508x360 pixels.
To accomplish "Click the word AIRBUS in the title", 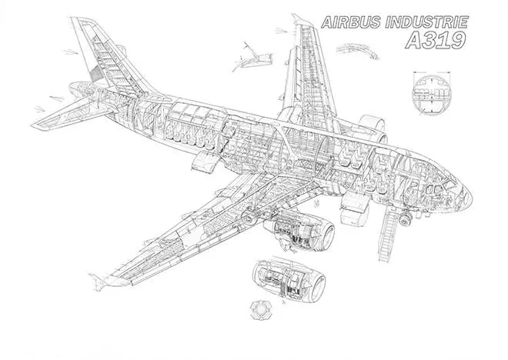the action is pyautogui.click(x=351, y=22).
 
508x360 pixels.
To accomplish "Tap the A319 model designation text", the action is pyautogui.click(x=436, y=40).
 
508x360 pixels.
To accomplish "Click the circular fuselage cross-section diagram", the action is pyautogui.click(x=432, y=95).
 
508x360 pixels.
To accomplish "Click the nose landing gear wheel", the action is pyautogui.click(x=404, y=220).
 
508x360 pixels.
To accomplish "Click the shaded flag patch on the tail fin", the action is pyautogui.click(x=95, y=74).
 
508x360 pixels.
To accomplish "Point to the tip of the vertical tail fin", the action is pyautogui.click(x=71, y=18).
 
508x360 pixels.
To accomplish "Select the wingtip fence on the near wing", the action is pyautogui.click(x=99, y=281).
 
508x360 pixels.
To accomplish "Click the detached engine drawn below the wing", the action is pyautogui.click(x=289, y=279).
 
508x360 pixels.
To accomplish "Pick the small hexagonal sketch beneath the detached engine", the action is pyautogui.click(x=261, y=309).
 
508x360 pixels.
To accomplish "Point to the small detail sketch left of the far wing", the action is pyautogui.click(x=252, y=58).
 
